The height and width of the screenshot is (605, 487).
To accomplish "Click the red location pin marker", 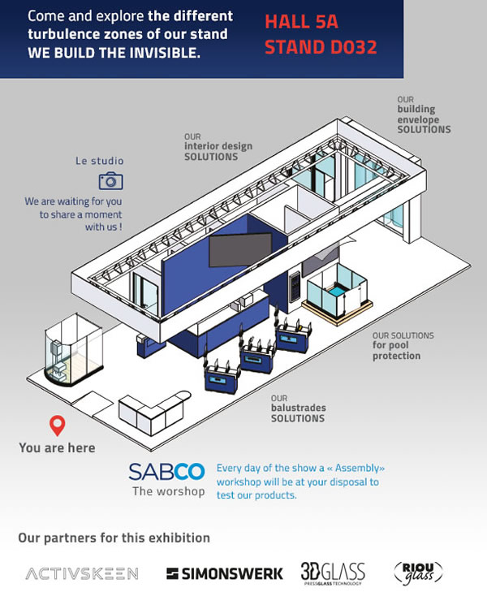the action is (57, 426).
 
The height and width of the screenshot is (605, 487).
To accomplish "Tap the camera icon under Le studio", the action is (110, 181).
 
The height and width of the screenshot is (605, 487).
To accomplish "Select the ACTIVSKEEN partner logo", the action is (82, 573).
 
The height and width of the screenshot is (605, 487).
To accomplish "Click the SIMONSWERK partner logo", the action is (224, 574).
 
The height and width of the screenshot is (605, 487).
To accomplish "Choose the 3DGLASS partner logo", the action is (333, 573).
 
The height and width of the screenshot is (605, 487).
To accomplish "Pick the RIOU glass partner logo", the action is (418, 573).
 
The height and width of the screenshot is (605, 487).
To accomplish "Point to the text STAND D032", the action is (321, 47).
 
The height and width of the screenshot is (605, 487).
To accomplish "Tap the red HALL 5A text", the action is (301, 22).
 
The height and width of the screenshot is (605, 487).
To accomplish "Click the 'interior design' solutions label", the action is (218, 147).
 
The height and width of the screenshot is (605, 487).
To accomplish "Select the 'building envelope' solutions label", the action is (424, 115).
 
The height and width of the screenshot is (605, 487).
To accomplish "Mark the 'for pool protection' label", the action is (403, 346).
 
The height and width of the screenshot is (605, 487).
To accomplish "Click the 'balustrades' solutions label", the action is (298, 408).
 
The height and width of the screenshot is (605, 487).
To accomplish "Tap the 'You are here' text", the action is (57, 447).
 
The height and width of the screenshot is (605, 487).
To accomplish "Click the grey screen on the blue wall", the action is (240, 249).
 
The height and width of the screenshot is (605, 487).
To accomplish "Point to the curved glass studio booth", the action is (74, 349).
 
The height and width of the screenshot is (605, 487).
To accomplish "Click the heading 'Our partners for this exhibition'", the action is (114, 538).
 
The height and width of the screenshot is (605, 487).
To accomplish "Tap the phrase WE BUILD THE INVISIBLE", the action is (114, 53).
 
